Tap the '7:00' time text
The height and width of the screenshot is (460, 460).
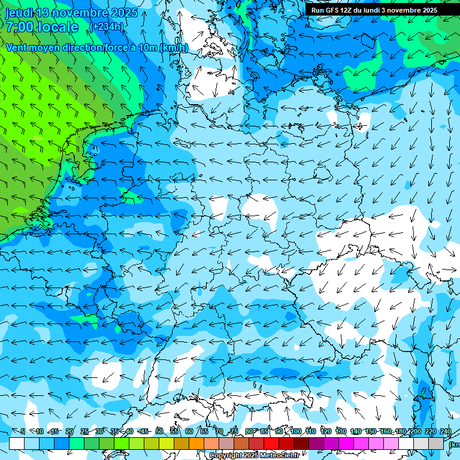[x=21, y=27]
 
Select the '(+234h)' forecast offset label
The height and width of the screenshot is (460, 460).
[x=106, y=26]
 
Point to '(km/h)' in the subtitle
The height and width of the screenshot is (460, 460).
[x=174, y=48]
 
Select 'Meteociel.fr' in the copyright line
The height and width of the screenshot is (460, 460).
[x=280, y=456]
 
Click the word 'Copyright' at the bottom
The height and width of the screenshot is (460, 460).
[x=225, y=456]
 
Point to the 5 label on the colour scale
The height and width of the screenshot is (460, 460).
[x=23, y=431]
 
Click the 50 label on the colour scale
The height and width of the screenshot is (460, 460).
[x=159, y=431]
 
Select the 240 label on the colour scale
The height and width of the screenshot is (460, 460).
[x=446, y=431]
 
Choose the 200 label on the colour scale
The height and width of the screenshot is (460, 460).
[x=415, y=431]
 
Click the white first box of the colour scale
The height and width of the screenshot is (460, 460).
[x=17, y=443]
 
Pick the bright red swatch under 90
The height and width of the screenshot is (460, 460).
[x=272, y=443]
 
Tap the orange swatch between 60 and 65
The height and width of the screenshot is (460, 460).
[x=196, y=443]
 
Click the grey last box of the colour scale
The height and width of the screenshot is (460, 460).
[x=436, y=443]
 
